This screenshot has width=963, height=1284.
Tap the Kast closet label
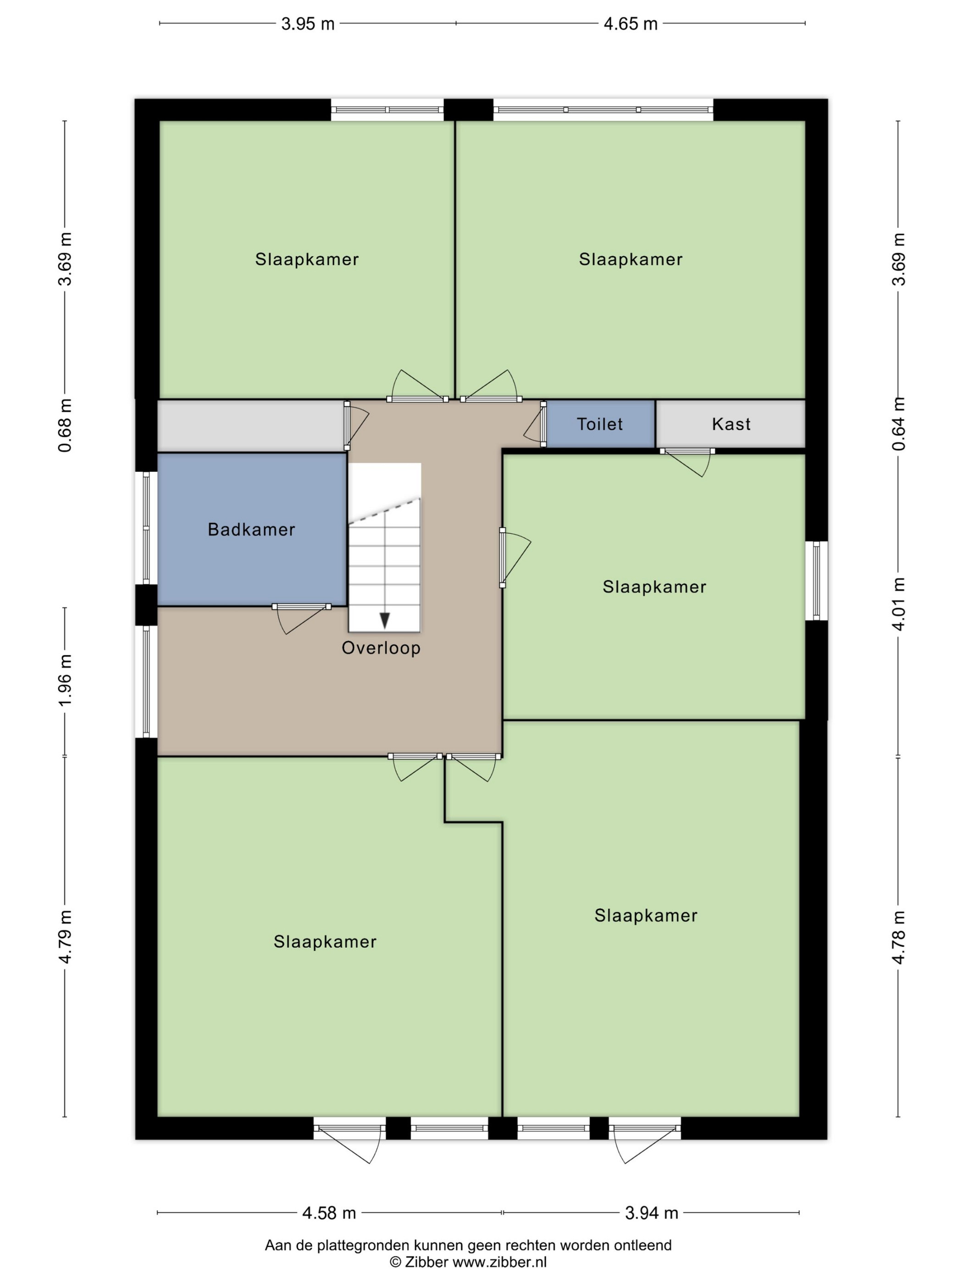(x=731, y=424)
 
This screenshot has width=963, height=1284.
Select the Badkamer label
(x=251, y=529)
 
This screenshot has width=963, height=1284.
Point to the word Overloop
(x=381, y=648)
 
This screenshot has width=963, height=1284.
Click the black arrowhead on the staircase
(x=385, y=620)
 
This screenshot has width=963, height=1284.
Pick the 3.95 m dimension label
(x=308, y=24)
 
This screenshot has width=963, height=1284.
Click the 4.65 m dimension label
(x=631, y=24)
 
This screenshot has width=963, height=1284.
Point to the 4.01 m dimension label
(x=898, y=603)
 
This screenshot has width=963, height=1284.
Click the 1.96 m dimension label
(x=65, y=681)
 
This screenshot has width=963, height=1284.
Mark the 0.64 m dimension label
(x=898, y=424)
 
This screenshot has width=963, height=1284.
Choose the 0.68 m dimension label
(x=65, y=426)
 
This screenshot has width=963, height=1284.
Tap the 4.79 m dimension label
(x=65, y=937)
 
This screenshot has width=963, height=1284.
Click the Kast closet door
(x=688, y=463)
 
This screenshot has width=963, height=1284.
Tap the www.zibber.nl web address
(x=499, y=1262)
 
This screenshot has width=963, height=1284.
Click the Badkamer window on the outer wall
(x=146, y=528)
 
